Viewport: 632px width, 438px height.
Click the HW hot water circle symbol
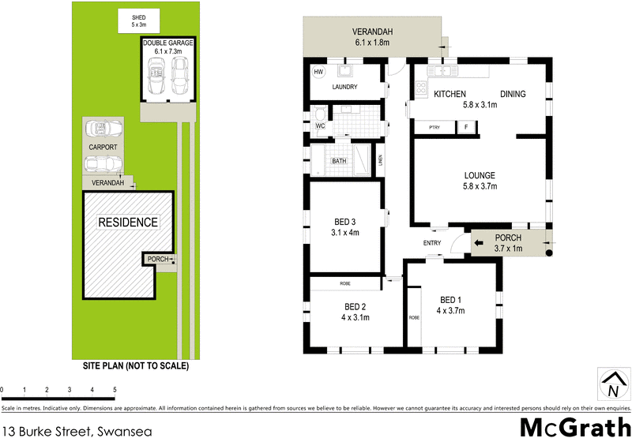(x=319, y=73)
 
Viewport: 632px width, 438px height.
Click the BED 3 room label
(x=344, y=226)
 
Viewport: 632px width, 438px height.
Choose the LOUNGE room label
(x=480, y=181)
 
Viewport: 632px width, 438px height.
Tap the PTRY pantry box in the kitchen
(x=434, y=127)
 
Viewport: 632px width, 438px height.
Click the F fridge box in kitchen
(x=466, y=127)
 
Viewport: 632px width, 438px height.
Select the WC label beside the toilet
(x=320, y=125)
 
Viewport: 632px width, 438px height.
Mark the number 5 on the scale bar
(x=115, y=390)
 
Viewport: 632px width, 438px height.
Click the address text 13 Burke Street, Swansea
(x=73, y=430)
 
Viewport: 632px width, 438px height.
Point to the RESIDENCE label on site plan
(x=127, y=223)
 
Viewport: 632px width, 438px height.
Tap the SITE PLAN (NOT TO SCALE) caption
(x=136, y=366)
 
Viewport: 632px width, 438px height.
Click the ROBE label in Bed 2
(x=345, y=283)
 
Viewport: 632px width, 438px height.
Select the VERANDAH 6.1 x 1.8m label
(x=372, y=37)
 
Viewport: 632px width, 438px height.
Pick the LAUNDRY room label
(x=345, y=88)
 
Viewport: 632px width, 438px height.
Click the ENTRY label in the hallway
(x=432, y=242)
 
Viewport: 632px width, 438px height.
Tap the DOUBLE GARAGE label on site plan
(x=167, y=47)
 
